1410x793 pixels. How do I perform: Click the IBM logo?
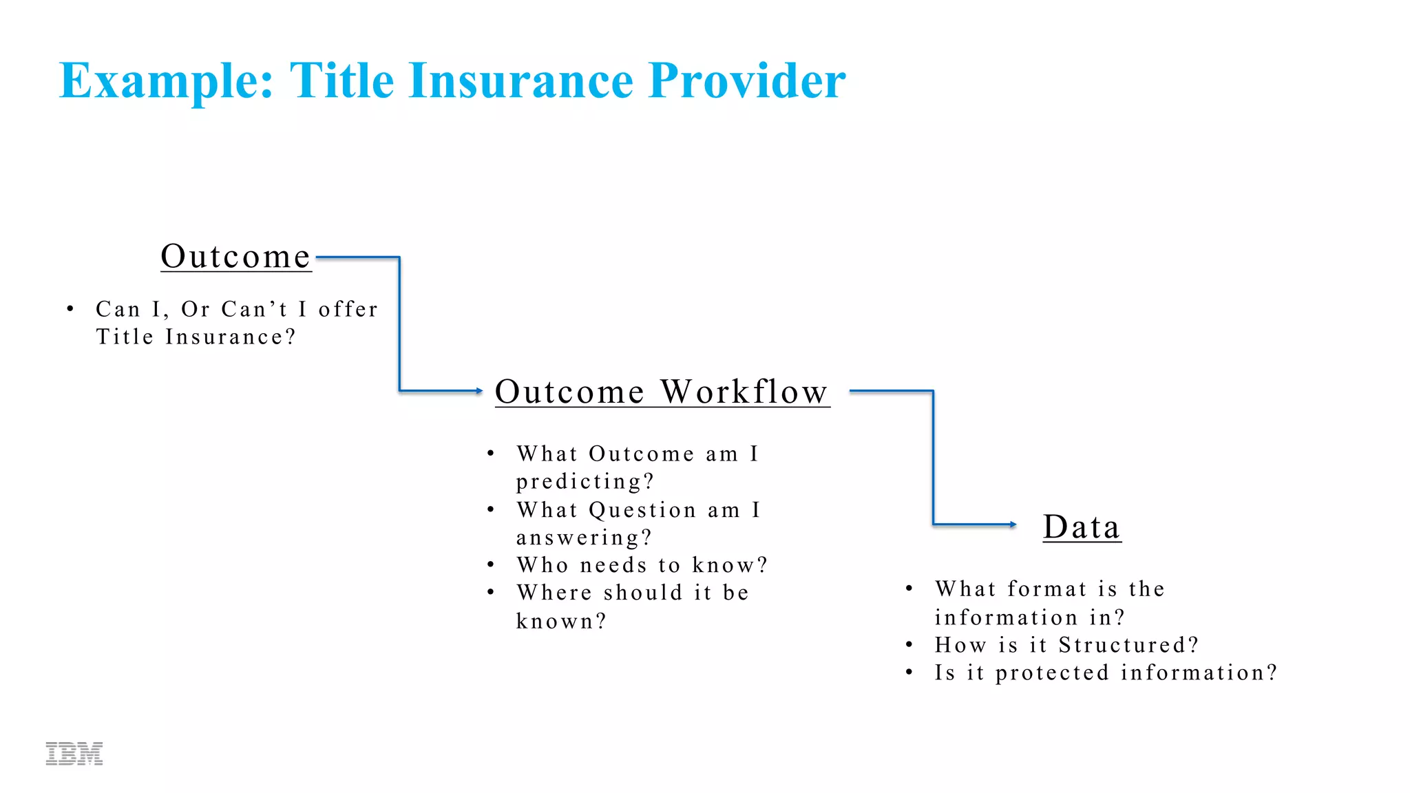(74, 754)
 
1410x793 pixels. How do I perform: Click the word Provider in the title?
(747, 81)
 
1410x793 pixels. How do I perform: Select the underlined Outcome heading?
(235, 257)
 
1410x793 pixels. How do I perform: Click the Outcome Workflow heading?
(662, 392)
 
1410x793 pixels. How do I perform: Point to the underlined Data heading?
(1082, 527)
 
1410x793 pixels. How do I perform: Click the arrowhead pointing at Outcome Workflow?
(479, 391)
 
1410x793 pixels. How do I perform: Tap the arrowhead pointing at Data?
(1013, 525)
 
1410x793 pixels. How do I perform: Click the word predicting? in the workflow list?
(585, 482)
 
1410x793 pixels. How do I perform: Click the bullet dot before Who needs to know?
(491, 565)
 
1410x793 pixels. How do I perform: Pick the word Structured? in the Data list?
(1128, 645)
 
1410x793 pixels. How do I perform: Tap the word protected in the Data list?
(1052, 673)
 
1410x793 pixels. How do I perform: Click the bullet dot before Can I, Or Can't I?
(70, 309)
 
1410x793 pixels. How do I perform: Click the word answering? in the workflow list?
(584, 538)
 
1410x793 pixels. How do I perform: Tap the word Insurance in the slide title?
(520, 81)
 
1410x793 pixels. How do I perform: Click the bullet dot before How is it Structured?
(909, 645)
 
